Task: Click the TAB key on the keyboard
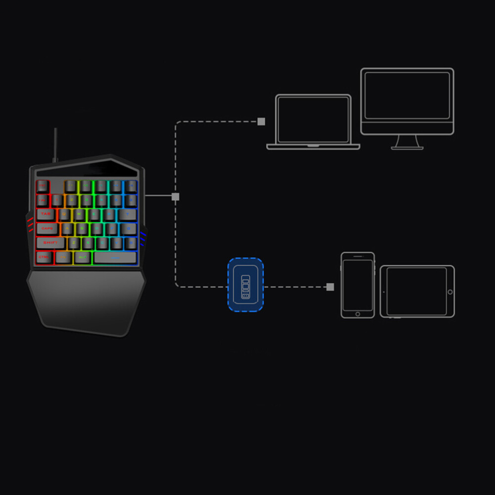tap(46, 214)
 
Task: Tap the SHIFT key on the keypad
tap(50, 243)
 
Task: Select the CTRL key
tap(44, 257)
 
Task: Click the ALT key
tap(83, 257)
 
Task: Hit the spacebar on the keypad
tap(115, 257)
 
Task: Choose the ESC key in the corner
tap(43, 186)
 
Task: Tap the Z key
tap(74, 243)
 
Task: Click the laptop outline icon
tap(313, 122)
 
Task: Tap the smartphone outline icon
tap(357, 285)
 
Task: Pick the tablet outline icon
tap(417, 291)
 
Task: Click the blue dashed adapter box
tap(246, 285)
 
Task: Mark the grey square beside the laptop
tap(261, 122)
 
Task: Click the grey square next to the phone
tap(330, 287)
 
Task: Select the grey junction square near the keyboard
tap(175, 197)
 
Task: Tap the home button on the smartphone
tap(357, 314)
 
